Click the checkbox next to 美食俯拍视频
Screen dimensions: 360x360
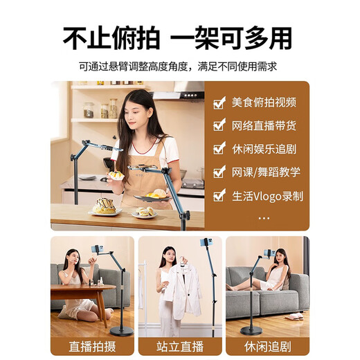click(219, 103)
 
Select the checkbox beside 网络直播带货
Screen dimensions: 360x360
click(219, 126)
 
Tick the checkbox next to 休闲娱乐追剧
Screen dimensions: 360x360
click(219, 149)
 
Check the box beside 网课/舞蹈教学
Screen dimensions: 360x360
click(219, 172)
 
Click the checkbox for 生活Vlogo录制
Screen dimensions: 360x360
click(219, 196)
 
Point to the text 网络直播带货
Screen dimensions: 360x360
click(264, 126)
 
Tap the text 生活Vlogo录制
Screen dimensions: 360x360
click(267, 196)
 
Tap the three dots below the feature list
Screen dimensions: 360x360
click(264, 217)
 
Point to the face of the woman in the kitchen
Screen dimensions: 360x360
click(134, 111)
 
